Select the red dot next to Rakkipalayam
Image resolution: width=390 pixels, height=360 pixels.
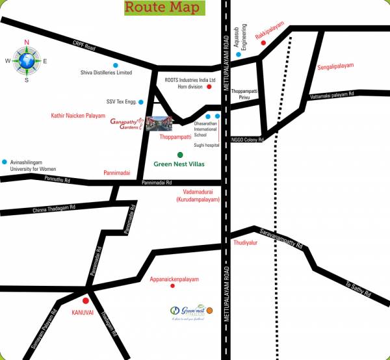tap(263, 43)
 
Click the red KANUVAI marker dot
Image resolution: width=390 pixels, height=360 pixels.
tap(85, 302)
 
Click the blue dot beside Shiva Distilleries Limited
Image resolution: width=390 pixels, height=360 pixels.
tap(115, 65)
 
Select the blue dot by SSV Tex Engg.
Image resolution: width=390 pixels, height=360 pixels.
tap(140, 102)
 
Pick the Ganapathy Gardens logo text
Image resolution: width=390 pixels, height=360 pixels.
tap(126, 123)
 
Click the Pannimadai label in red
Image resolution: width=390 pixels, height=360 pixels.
tap(117, 174)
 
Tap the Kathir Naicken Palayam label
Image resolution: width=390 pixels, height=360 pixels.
tap(78, 115)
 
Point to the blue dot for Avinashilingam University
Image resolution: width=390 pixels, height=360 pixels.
tap(5, 161)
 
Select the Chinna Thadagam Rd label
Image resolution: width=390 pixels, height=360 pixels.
tap(55, 209)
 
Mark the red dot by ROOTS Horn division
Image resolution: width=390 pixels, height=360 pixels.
tap(209, 86)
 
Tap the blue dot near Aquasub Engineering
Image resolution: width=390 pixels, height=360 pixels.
tap(239, 55)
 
